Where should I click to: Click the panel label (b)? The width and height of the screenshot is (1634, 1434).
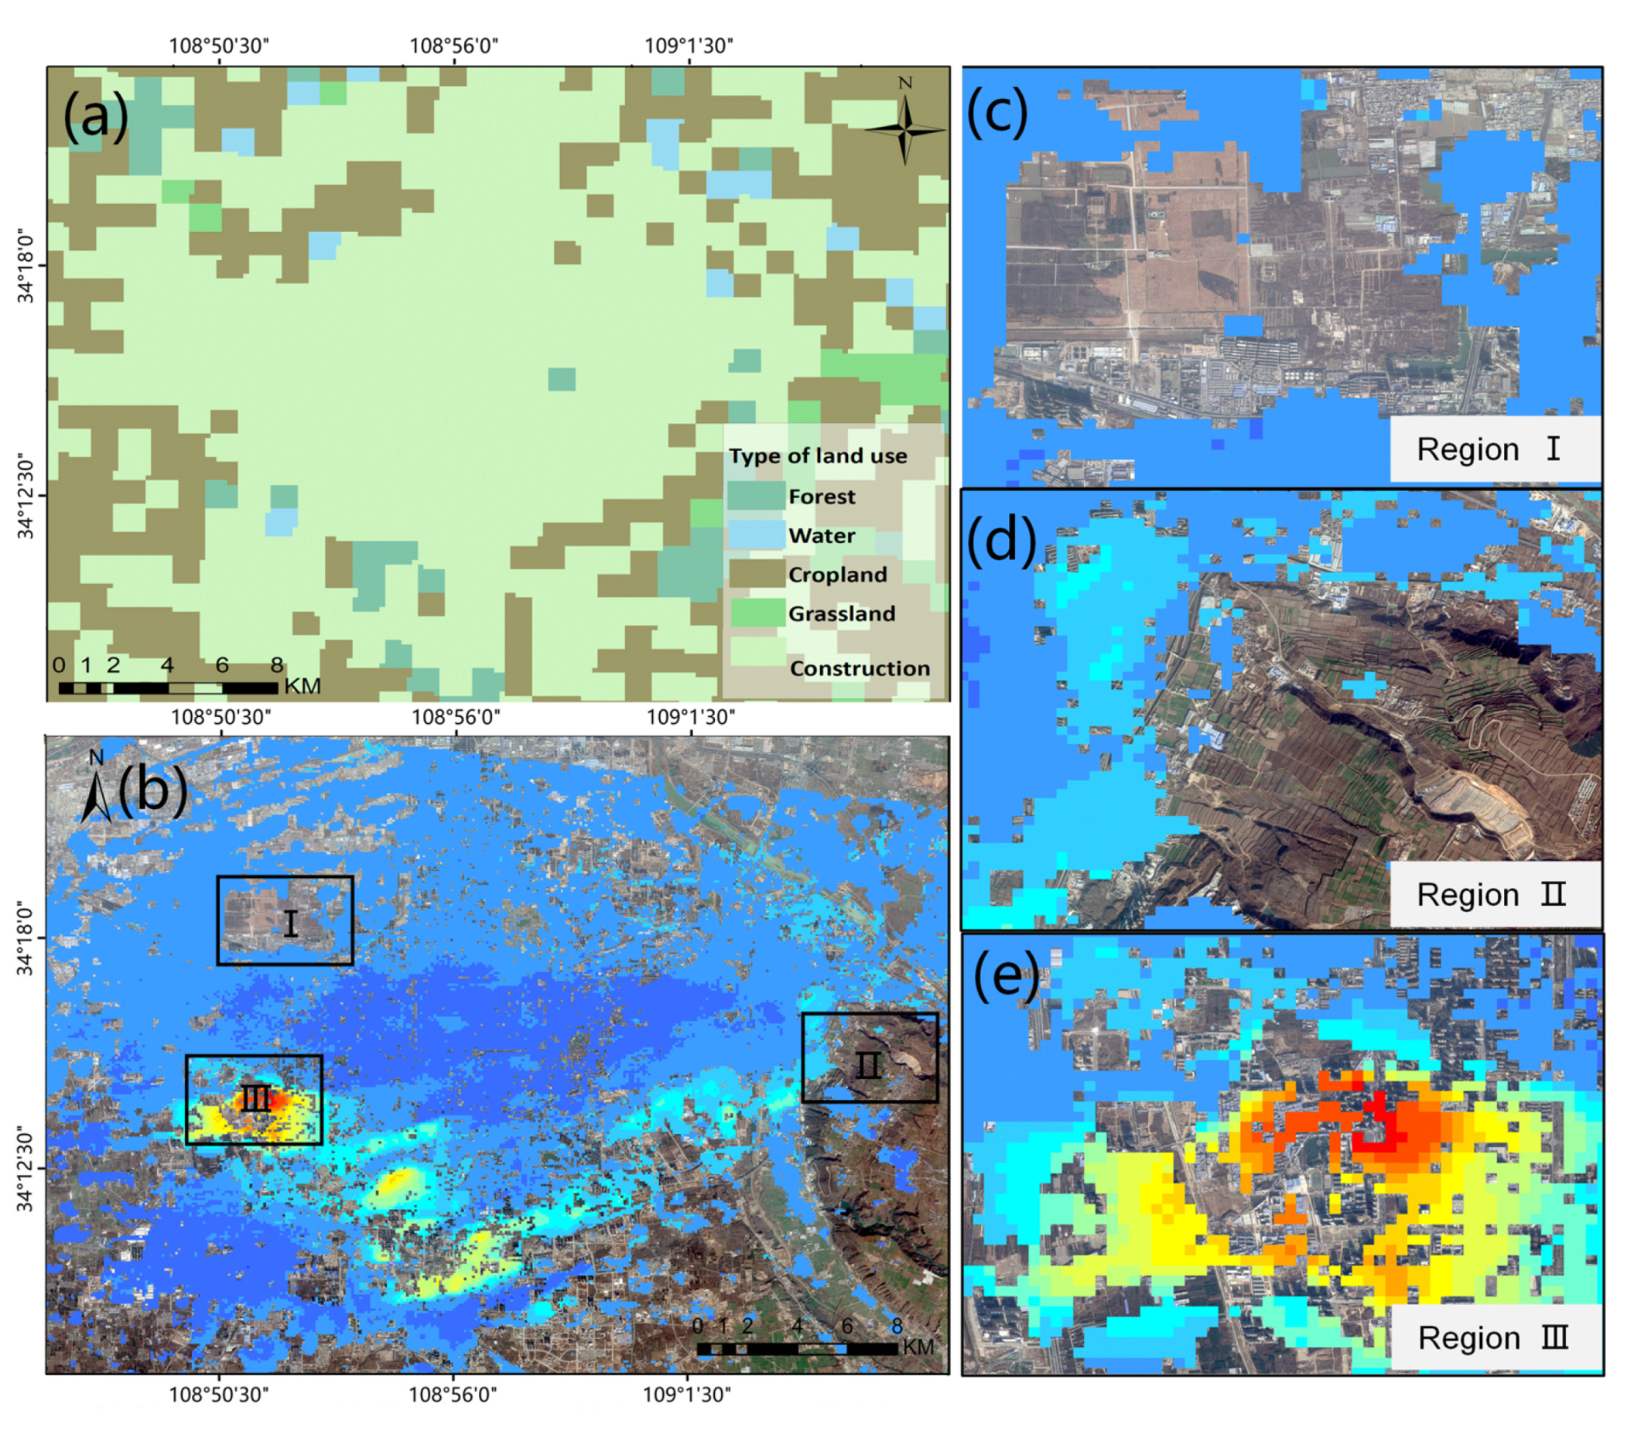point(152,790)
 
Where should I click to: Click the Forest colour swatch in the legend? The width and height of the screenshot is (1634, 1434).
point(755,497)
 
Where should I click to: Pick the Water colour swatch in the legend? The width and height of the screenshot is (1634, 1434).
point(755,534)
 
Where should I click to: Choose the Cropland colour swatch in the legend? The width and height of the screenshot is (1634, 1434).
point(755,574)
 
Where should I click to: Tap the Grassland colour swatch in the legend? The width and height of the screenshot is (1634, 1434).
point(755,613)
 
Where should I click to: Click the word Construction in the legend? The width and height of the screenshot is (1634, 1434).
point(860,668)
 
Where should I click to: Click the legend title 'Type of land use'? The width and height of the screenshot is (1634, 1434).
point(818,456)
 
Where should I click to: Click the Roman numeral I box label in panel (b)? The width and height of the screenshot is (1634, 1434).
point(290,924)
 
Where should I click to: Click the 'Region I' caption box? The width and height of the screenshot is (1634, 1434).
point(1495,449)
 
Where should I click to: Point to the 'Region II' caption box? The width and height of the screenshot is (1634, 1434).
point(1495,894)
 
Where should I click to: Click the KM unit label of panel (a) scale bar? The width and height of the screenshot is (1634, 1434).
point(303,686)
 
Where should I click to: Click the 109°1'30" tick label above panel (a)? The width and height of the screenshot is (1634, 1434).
point(689,46)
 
